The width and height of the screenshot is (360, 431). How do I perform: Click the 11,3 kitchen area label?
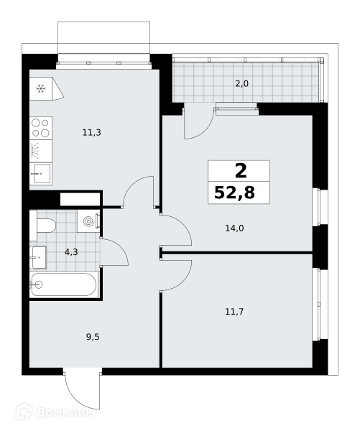[x=91, y=133]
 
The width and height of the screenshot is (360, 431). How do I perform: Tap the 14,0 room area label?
[x=234, y=228]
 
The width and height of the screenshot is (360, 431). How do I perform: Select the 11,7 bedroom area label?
[x=234, y=312]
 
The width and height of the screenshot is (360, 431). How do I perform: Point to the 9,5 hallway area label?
[x=93, y=337]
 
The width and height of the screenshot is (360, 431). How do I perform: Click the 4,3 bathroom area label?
[x=71, y=252]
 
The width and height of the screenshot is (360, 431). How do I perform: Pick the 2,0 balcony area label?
[x=241, y=83]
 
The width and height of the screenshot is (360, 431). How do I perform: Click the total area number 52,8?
[x=234, y=193]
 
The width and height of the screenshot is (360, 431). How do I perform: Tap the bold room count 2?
[x=241, y=171]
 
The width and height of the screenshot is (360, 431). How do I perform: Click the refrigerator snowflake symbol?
[x=41, y=89]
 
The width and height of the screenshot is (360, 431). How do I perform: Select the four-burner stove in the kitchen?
[x=41, y=128]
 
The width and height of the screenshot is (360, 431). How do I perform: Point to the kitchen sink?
[x=41, y=174]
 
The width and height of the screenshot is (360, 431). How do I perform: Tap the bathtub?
[x=64, y=284]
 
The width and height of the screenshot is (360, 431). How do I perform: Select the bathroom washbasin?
[x=38, y=258]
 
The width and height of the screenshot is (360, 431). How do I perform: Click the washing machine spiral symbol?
[x=88, y=221]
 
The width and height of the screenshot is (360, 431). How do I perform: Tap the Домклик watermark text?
[x=64, y=413]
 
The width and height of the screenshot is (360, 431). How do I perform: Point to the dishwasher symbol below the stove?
[x=41, y=151]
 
